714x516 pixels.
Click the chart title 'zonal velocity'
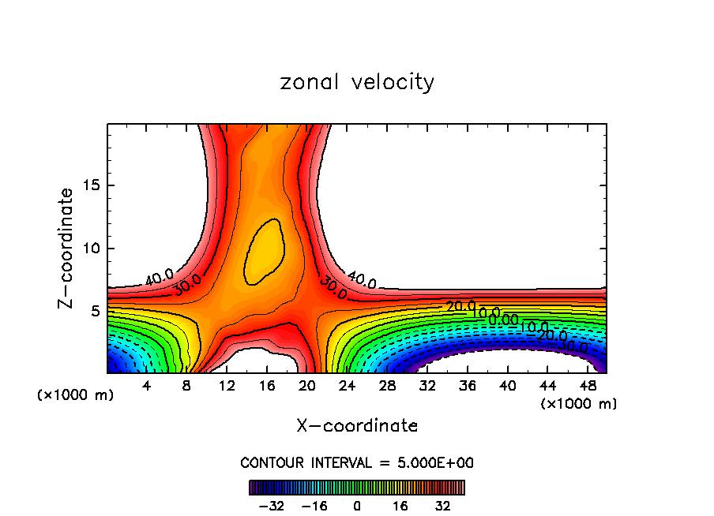click(x=357, y=82)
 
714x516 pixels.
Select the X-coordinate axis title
click(x=357, y=426)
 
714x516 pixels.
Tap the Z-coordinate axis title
click(x=68, y=248)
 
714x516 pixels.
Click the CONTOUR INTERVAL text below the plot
click(x=357, y=462)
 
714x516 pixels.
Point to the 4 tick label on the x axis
click(x=147, y=386)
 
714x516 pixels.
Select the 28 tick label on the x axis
click(x=387, y=386)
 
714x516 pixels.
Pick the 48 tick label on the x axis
click(x=587, y=386)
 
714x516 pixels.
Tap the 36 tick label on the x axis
click(x=467, y=386)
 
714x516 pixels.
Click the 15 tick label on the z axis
click(x=88, y=185)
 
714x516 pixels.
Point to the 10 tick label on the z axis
click(x=88, y=249)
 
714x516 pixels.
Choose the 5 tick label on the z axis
click(x=92, y=311)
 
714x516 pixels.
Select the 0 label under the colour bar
click(x=357, y=505)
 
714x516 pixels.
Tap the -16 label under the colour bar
click(x=314, y=505)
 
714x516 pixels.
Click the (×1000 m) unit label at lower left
click(x=76, y=395)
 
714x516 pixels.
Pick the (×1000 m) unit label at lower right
click(x=579, y=404)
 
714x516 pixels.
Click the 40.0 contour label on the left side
click(x=160, y=278)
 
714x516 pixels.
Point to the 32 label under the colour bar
click(x=443, y=505)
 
